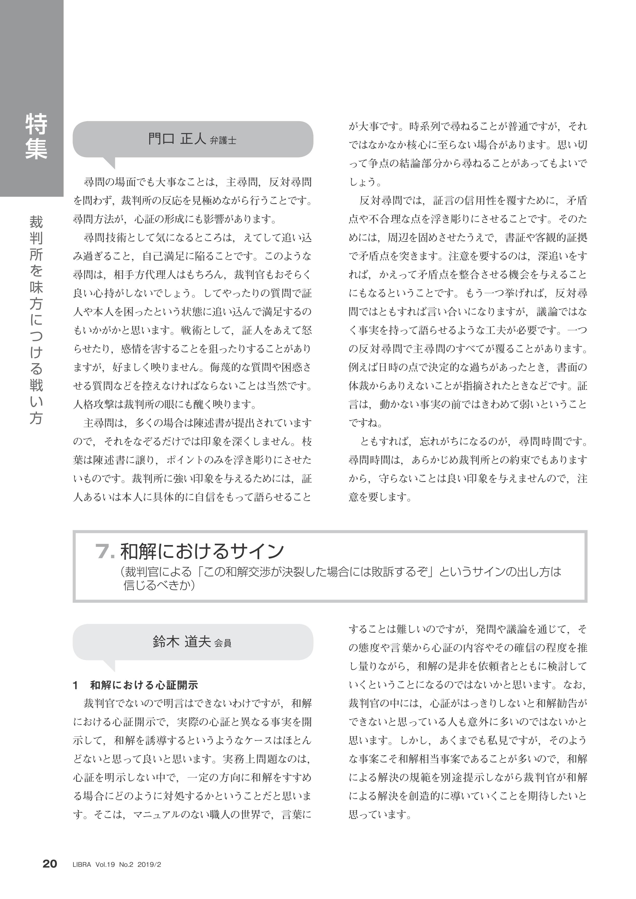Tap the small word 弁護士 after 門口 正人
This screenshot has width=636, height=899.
[x=223, y=141]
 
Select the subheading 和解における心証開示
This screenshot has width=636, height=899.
[x=144, y=685]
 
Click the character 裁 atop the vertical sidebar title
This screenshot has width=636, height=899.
[x=36, y=222]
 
